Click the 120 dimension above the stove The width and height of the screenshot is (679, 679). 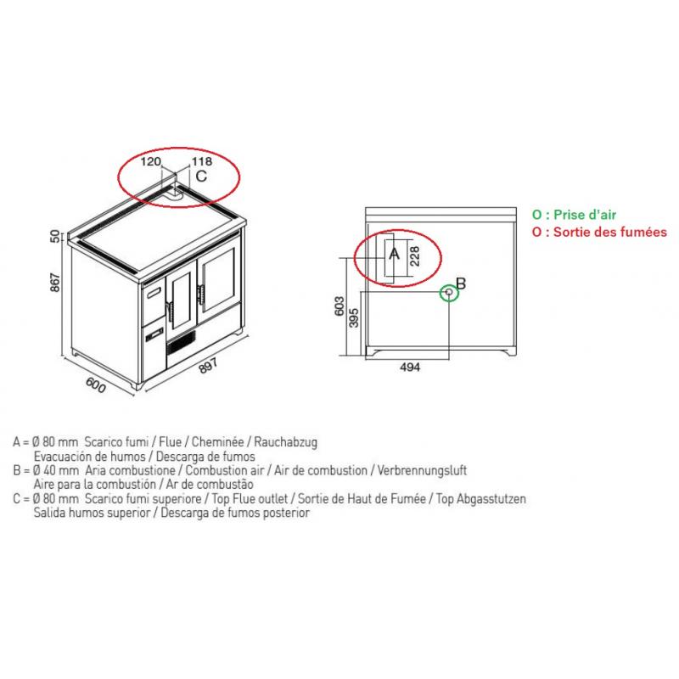(150, 161)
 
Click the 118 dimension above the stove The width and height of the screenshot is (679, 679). (202, 161)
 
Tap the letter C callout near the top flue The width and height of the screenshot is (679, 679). (201, 177)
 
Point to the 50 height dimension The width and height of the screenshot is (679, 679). (55, 237)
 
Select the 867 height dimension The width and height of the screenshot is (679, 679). (55, 282)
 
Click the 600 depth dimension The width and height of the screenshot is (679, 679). (96, 385)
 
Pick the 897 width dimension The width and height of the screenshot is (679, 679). (208, 366)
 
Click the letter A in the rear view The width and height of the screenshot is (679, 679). (394, 253)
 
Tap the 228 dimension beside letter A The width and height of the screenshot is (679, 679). (414, 256)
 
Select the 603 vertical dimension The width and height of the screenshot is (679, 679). (340, 306)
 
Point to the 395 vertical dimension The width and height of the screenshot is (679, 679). (354, 317)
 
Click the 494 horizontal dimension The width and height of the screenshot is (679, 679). (410, 368)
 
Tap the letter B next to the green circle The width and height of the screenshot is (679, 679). (461, 283)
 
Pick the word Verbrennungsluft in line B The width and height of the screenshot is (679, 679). (422, 470)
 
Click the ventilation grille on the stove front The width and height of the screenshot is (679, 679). (182, 341)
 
